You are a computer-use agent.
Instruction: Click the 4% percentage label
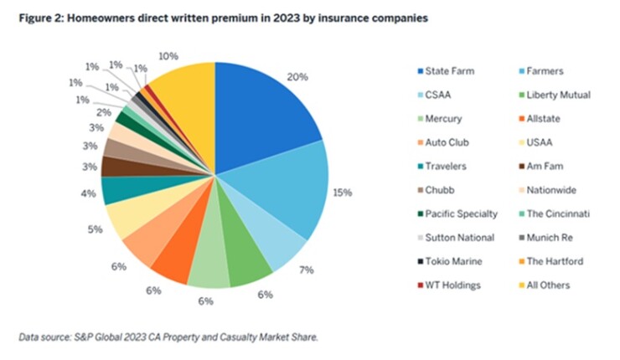(x=89, y=195)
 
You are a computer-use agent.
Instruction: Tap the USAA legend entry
(x=542, y=142)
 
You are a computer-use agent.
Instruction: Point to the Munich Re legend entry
(x=549, y=237)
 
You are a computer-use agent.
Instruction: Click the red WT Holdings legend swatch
(x=419, y=285)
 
